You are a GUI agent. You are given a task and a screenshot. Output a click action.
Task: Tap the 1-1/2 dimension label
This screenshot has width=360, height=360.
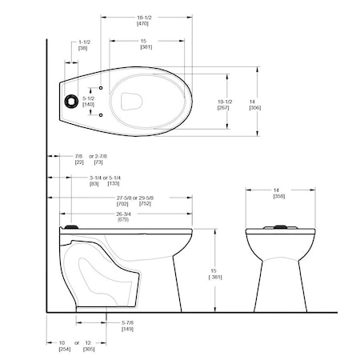(x=83, y=41)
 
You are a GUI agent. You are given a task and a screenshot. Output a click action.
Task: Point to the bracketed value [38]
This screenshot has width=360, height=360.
(x=83, y=49)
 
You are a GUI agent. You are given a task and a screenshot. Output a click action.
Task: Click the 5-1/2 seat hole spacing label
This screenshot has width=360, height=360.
(x=89, y=97)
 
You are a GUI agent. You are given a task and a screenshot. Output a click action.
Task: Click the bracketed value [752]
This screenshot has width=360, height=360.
(x=145, y=204)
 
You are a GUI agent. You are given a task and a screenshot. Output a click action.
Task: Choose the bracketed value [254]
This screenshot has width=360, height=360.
(x=64, y=349)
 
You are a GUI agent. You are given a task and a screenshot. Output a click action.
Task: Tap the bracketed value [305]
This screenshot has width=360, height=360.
(x=89, y=349)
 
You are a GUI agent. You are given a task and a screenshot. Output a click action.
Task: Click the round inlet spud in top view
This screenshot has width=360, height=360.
(x=71, y=101)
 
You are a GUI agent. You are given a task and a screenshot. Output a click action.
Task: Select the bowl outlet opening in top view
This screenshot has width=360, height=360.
(x=134, y=101)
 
